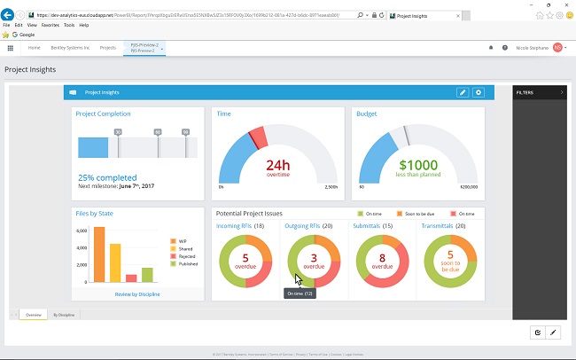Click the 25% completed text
point(109,177)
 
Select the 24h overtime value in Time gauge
point(278,166)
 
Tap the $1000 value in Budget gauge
point(417,166)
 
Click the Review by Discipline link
point(136,293)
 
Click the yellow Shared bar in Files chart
point(115,262)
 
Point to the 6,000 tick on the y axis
point(82,231)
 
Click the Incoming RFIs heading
point(234,226)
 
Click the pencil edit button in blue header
point(463,92)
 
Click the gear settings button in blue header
point(479,92)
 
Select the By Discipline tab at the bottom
point(63,315)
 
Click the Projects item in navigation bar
point(108,47)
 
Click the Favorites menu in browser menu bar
point(51,25)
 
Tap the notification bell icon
point(491,48)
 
